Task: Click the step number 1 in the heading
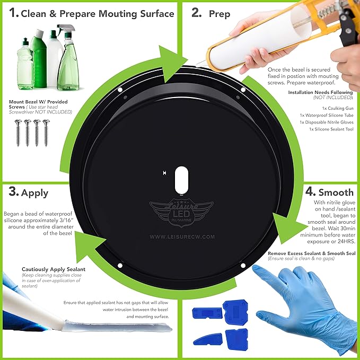tap(13, 13)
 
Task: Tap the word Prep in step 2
tap(219, 14)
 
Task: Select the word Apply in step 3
tap(34, 194)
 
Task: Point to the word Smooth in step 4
tap(336, 192)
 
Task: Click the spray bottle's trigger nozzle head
tap(66, 29)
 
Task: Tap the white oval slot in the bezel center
tap(181, 180)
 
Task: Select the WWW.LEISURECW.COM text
tap(182, 236)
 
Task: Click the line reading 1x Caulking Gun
tap(338, 108)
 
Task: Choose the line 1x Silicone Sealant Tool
tap(331, 129)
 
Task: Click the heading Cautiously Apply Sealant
tap(54, 269)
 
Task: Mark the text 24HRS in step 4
tap(346, 242)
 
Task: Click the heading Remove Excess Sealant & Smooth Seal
tap(312, 253)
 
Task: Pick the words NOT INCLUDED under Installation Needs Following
tap(332, 98)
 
